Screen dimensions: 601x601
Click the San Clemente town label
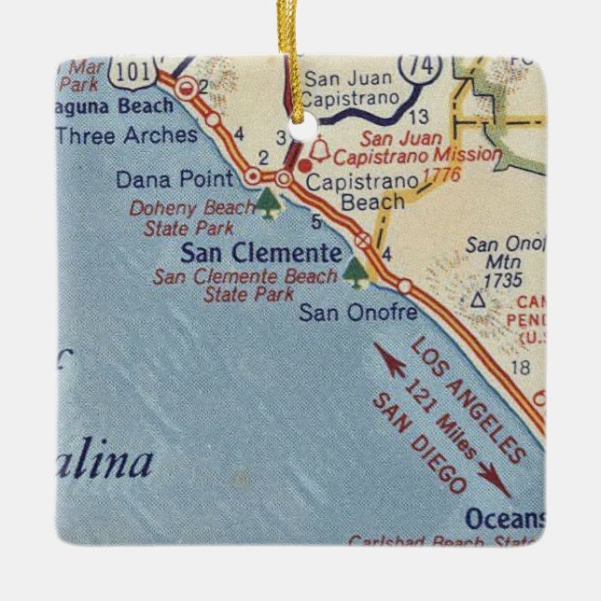pyautogui.click(x=260, y=252)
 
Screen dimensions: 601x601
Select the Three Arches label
pyautogui.click(x=127, y=135)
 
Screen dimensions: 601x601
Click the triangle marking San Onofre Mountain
pyautogui.click(x=478, y=300)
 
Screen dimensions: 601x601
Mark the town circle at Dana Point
pyautogui.click(x=251, y=175)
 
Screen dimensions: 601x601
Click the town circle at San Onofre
pyautogui.click(x=405, y=286)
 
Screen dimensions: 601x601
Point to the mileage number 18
pyautogui.click(x=521, y=368)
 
